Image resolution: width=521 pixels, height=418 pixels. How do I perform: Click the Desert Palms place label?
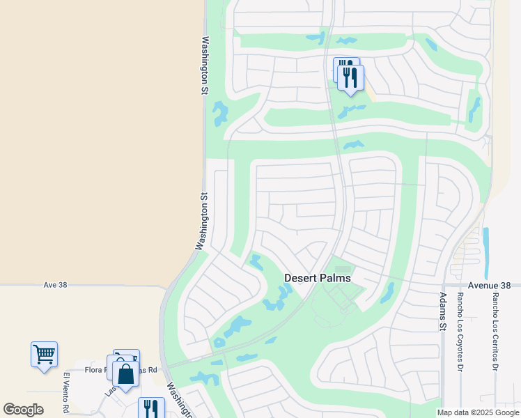[x=317, y=277]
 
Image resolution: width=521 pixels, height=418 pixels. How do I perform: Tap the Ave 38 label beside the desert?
[x=54, y=285]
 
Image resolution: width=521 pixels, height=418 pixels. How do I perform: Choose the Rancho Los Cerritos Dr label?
[x=495, y=331]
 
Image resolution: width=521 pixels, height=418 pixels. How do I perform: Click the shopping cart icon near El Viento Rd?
[x=44, y=355]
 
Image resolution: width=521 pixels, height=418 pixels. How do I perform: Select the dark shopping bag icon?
[x=125, y=374]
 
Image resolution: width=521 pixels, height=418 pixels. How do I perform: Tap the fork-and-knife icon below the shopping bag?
[x=151, y=409]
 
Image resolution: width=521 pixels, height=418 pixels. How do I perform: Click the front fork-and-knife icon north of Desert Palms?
[x=350, y=77]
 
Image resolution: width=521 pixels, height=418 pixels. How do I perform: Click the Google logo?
[x=24, y=410]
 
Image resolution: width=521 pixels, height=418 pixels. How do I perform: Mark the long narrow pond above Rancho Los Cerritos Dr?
[x=485, y=244]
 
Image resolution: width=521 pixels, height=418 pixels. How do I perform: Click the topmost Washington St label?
[x=205, y=61]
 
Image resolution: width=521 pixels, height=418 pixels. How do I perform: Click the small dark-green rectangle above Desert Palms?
[x=343, y=269]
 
